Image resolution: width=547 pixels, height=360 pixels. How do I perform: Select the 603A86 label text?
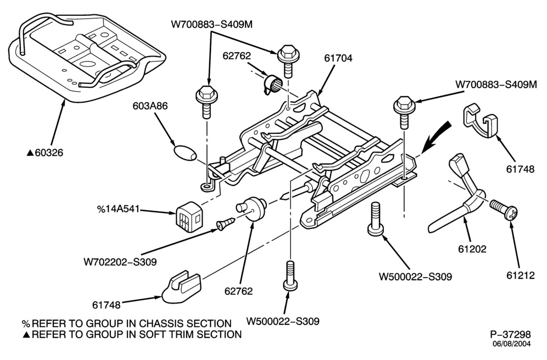pos(150,105)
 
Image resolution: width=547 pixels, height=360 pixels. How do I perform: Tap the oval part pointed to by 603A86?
pos(185,153)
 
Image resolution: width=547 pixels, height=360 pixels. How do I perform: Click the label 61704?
pos(338,58)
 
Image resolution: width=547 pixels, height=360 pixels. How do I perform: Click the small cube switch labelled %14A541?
pos(189,216)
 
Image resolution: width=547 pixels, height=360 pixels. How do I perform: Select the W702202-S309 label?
pos(120,261)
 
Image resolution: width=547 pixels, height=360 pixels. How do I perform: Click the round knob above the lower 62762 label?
pos(252,209)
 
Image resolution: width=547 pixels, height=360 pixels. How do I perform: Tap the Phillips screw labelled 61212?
pos(504,209)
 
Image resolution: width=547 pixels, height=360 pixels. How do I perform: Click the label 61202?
pos(472,249)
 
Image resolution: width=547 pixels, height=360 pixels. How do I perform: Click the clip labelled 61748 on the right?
pos(481,120)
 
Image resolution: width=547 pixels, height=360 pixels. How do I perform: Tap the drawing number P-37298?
pos(510,335)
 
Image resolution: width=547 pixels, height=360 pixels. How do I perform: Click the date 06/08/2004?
pos(512,344)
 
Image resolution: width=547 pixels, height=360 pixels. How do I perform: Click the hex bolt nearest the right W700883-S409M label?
pos(404,111)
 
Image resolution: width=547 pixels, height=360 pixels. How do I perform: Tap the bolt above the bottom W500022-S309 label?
pos(290,275)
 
